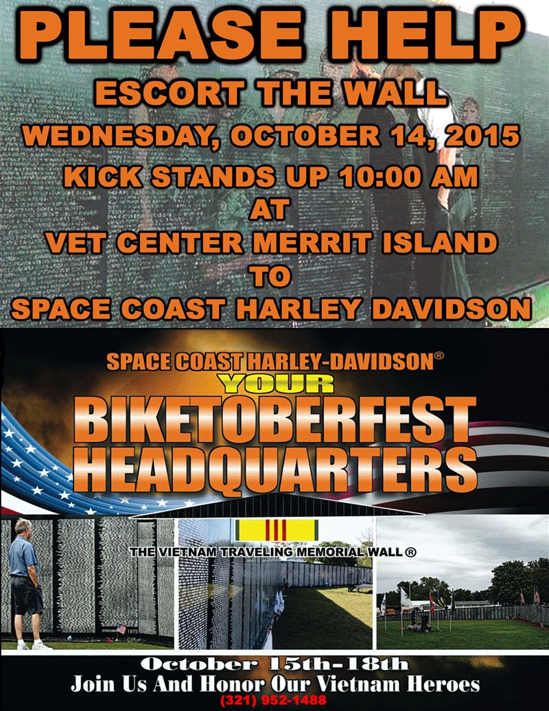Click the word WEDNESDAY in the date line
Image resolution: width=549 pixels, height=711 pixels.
[121, 137]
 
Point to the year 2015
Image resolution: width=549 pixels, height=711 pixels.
[482, 136]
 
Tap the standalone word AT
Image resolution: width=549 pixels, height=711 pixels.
[269, 210]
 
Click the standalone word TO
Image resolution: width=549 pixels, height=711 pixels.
[271, 276]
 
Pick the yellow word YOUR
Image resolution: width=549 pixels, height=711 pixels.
[275, 384]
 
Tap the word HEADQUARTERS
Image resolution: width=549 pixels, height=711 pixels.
[275, 470]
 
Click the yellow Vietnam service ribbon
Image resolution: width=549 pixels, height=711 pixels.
[277, 530]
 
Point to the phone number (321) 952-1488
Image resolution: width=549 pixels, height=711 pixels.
[273, 699]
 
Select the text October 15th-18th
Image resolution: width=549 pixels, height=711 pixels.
[274, 664]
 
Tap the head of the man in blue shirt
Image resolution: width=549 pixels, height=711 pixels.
[23, 528]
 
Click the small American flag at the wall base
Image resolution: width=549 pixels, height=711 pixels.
[121, 629]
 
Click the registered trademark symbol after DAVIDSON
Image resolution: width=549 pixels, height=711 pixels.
[439, 355]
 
